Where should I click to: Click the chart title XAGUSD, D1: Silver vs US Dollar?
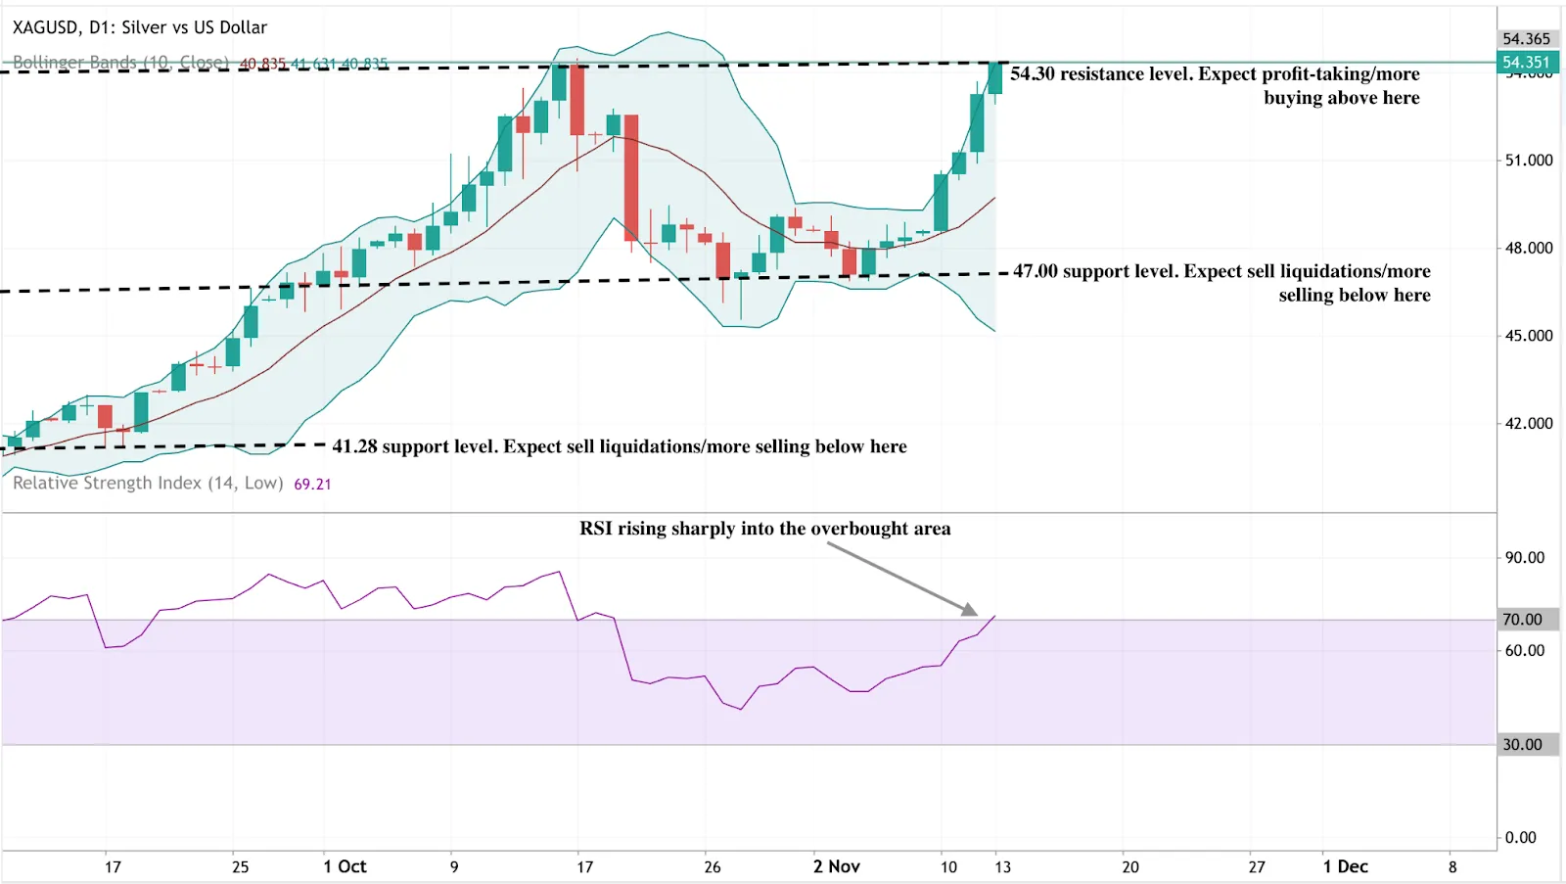point(140,27)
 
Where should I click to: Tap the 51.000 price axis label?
point(1528,161)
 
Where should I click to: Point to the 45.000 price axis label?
point(1528,336)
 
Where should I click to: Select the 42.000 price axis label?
point(1528,424)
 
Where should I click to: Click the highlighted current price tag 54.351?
point(1526,63)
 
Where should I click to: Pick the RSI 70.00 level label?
point(1522,620)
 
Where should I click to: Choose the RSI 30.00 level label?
point(1522,745)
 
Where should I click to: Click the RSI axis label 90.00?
point(1524,558)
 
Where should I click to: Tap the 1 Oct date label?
point(345,866)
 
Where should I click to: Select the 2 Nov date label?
point(836,866)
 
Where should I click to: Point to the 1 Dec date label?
point(1345,866)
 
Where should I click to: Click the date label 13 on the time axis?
point(1002,867)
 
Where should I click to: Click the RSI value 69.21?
point(312,485)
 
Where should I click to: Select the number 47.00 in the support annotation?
point(1036,271)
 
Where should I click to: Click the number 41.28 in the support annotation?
point(354,447)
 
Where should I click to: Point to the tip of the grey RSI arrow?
point(976,614)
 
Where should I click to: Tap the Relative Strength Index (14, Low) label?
point(148,484)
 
